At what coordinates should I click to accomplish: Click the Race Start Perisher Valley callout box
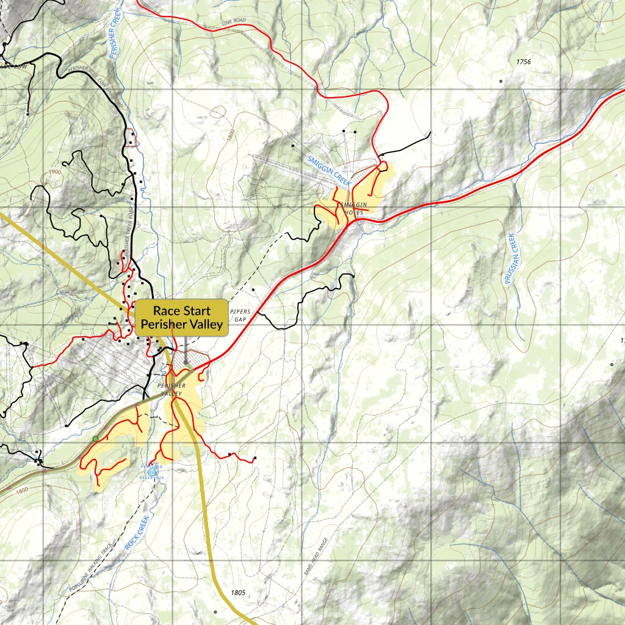(x=181, y=317)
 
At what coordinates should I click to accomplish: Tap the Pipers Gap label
(x=240, y=315)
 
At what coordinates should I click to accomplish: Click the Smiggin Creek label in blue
(x=330, y=171)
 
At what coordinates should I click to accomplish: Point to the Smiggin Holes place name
(x=352, y=208)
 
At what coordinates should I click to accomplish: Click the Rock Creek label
(x=137, y=533)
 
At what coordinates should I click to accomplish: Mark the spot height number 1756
(x=523, y=62)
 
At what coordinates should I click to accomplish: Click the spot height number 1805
(x=238, y=592)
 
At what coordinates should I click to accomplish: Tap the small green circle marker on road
(x=95, y=439)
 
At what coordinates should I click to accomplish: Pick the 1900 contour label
(x=54, y=172)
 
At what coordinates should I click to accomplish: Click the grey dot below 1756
(x=500, y=81)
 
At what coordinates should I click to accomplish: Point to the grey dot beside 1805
(x=215, y=611)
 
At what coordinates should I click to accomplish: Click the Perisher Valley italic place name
(x=171, y=389)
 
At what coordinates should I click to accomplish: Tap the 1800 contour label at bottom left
(x=22, y=490)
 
